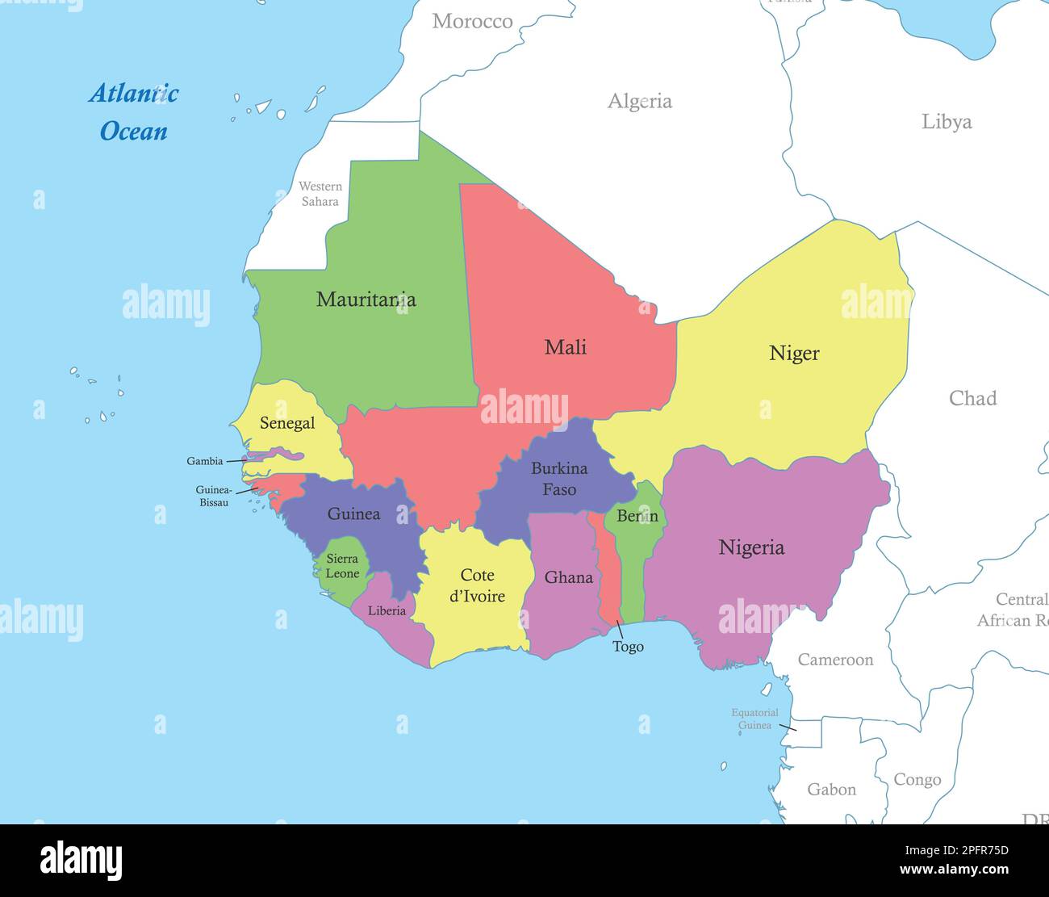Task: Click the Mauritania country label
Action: [x=366, y=300]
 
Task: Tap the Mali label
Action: [x=565, y=347]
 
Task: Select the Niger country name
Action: [x=794, y=353]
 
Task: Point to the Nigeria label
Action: [x=751, y=547]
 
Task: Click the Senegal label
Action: [x=287, y=423]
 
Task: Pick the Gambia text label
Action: [x=205, y=461]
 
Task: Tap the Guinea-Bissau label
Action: [x=214, y=496]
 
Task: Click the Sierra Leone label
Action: [x=342, y=566]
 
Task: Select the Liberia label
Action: [x=387, y=610]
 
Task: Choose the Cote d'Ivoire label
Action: [x=477, y=585]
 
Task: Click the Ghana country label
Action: [x=568, y=577]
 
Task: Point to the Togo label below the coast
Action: [x=628, y=646]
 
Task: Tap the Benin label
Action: [x=637, y=516]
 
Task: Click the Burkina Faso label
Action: [x=559, y=479]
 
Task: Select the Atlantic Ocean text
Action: [x=134, y=112]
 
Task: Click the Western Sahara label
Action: [x=320, y=194]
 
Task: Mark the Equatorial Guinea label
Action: [x=754, y=719]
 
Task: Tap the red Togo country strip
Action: [x=609, y=573]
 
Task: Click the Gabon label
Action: [x=831, y=790]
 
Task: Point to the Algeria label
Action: [x=639, y=101]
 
